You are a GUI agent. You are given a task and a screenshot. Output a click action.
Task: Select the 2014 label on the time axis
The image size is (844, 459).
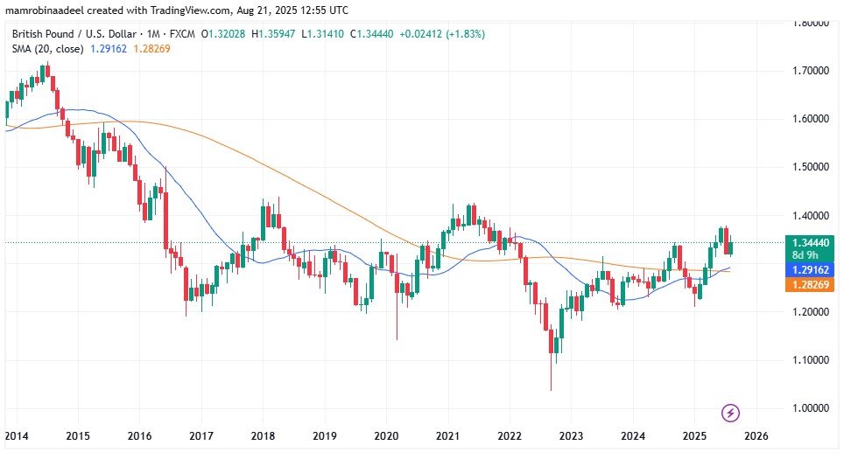[x=16, y=435]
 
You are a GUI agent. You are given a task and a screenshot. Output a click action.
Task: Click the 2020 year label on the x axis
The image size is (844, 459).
[x=386, y=435]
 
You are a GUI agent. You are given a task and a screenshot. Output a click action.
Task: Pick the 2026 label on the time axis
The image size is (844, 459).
[x=756, y=435]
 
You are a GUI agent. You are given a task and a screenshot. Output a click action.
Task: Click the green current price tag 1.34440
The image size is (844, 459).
[x=805, y=242]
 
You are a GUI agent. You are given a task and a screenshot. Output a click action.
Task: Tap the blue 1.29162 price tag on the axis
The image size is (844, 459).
[x=805, y=271]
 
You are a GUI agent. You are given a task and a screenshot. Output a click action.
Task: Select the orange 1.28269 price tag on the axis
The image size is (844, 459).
[x=805, y=285]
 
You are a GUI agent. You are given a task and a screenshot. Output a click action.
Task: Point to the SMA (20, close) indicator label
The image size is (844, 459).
[x=47, y=49]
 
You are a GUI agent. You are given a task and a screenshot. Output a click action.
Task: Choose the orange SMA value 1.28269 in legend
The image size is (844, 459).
[x=152, y=49]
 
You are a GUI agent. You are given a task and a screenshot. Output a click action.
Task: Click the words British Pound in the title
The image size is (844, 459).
[x=42, y=34]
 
